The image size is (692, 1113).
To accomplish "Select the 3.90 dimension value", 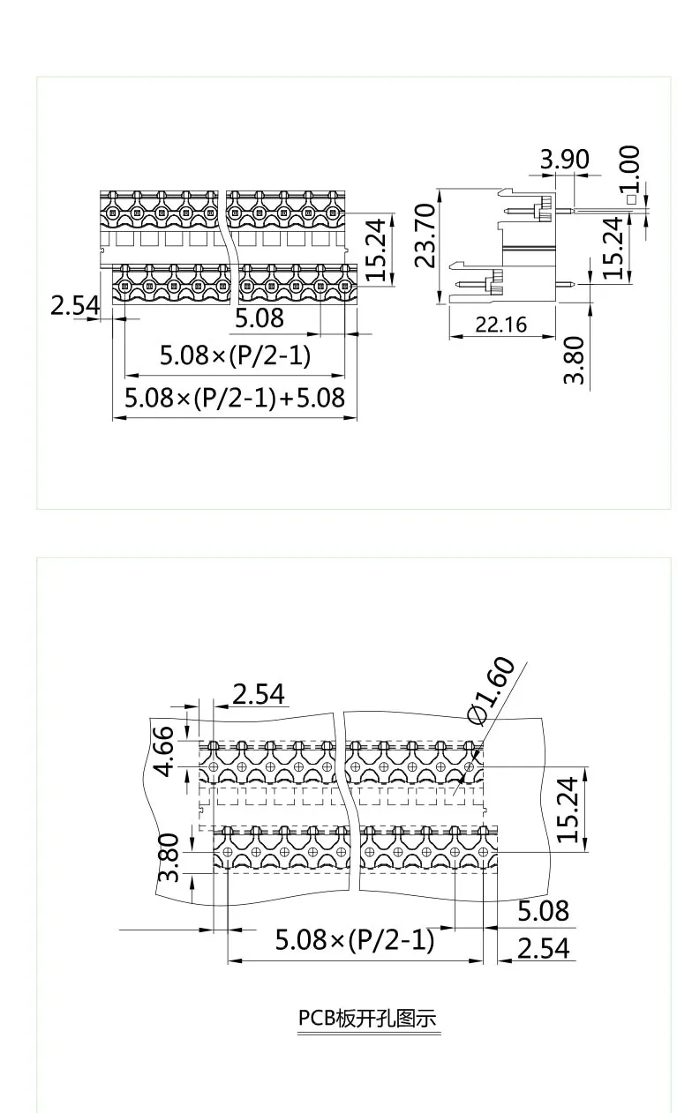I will tap(564, 160).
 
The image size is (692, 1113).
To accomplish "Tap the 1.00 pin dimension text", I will tap(629, 169).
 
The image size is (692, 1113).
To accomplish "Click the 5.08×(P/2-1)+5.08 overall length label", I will tap(234, 397).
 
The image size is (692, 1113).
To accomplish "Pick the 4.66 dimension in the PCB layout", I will tap(165, 752).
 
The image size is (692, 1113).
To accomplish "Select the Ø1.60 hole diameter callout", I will tap(491, 690).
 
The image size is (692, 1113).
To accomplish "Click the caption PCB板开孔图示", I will tap(367, 1018).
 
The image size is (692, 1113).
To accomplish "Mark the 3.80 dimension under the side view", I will tap(574, 360).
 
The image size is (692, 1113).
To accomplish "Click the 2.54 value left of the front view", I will tap(75, 306).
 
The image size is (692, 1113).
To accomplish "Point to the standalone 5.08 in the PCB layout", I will tap(543, 910).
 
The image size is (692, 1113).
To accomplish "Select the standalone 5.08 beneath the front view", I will tap(259, 317).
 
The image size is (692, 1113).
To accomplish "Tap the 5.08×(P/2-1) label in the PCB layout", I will tap(355, 939).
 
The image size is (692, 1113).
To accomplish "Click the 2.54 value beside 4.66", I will tap(259, 694).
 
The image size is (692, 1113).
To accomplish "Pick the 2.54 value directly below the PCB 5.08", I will tap(543, 948).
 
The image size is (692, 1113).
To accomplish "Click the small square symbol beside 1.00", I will tap(631, 200).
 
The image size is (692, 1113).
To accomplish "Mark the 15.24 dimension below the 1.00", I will tap(614, 249).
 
